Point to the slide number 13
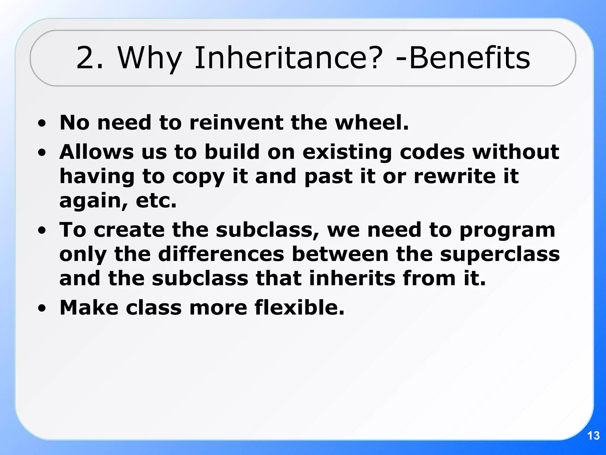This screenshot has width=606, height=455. tap(593, 436)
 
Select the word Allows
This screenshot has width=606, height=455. tap(96, 152)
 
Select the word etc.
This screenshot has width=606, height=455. tap(156, 201)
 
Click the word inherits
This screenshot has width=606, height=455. tap(352, 278)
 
